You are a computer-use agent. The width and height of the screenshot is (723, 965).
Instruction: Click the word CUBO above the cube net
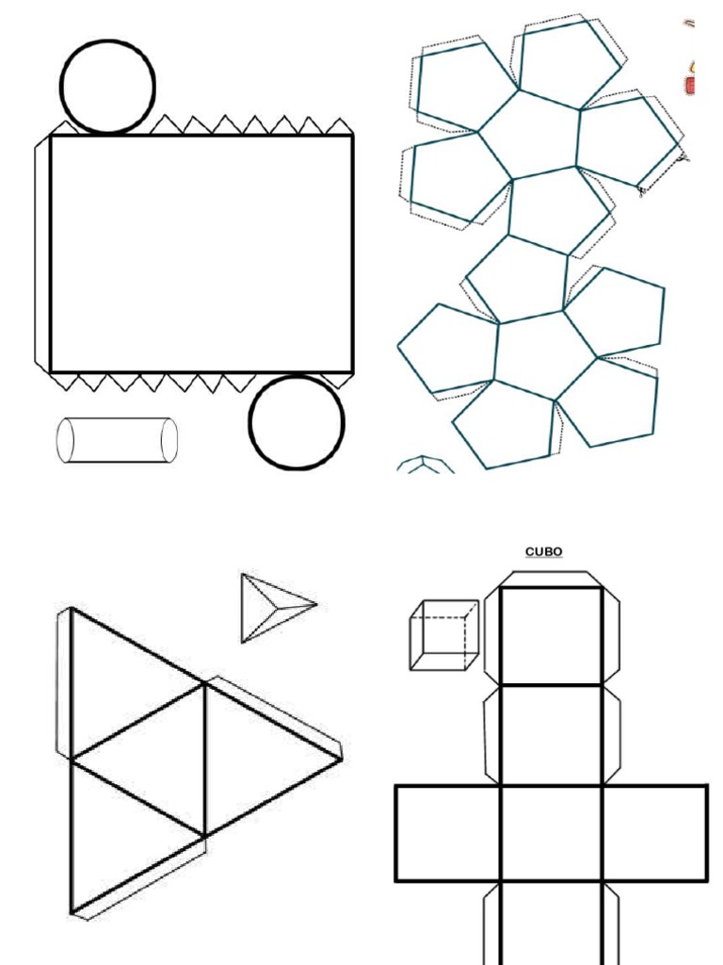click(543, 552)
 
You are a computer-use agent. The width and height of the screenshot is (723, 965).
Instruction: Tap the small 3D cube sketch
click(443, 635)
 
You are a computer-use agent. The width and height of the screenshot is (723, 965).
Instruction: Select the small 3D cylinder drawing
click(117, 440)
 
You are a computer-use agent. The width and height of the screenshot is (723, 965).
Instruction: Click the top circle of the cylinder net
click(107, 87)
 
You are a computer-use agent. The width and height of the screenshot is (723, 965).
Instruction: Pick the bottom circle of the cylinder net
click(297, 423)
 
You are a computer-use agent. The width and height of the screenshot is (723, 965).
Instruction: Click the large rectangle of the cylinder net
click(201, 254)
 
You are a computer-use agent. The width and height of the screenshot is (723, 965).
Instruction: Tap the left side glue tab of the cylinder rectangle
click(41, 253)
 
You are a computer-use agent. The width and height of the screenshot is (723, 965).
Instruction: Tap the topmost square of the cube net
click(551, 636)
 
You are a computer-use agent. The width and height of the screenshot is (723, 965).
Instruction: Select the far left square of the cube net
click(447, 833)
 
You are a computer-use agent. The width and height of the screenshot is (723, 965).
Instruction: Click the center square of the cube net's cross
click(551, 833)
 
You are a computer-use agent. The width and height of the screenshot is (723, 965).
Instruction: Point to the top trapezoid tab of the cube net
click(551, 578)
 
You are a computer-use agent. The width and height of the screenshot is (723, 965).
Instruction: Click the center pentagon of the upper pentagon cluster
click(529, 136)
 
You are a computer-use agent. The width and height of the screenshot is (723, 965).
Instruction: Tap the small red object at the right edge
click(690, 86)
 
